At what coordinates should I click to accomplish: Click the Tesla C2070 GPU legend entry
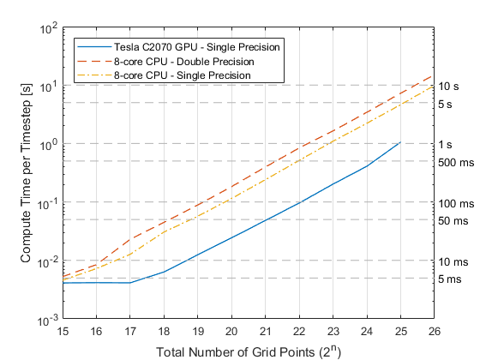coord(197,47)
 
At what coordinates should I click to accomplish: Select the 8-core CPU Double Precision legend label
coord(184,62)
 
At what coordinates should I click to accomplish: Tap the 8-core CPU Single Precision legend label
coord(183,75)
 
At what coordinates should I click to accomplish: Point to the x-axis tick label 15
coord(63,331)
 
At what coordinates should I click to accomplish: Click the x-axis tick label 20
coord(231,331)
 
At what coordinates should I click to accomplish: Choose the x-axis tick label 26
coord(434,331)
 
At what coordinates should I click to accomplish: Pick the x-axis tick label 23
coord(333,331)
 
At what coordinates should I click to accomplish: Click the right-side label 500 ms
coord(456,163)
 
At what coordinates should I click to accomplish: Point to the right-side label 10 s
coord(448,87)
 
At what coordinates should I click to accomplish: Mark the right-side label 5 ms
coord(449,279)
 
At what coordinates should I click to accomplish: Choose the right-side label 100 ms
coord(456,204)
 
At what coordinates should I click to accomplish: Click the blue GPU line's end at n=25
coord(400,142)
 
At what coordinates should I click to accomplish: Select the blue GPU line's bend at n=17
coord(130,283)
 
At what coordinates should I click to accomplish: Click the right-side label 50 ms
coord(453,221)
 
